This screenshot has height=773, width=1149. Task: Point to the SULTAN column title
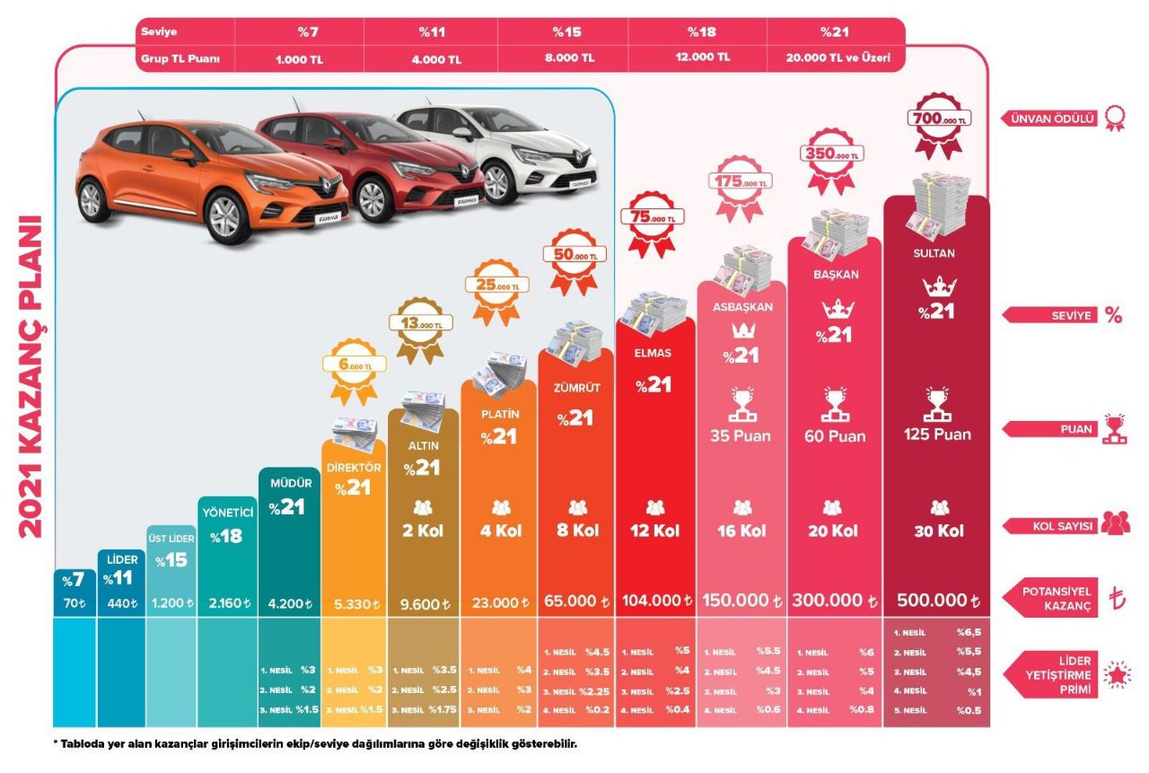click(x=934, y=253)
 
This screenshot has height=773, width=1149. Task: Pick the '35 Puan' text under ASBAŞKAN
click(x=741, y=436)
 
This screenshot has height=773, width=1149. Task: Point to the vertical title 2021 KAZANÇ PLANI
click(x=30, y=375)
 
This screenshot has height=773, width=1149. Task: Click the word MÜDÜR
click(x=289, y=483)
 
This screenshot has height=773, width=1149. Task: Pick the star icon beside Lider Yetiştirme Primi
click(x=1116, y=676)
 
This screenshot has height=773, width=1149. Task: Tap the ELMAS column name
click(x=653, y=353)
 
